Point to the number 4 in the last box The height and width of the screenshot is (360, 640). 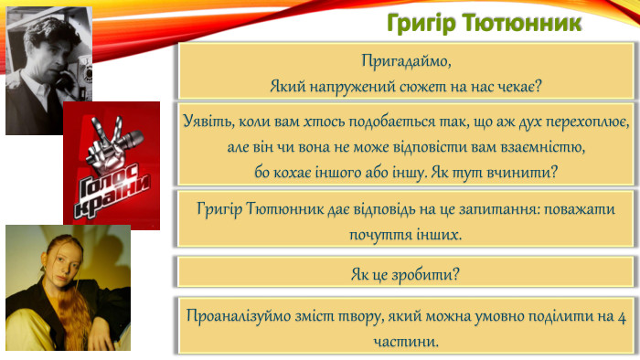pos(622,317)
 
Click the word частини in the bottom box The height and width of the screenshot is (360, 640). pos(406,341)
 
